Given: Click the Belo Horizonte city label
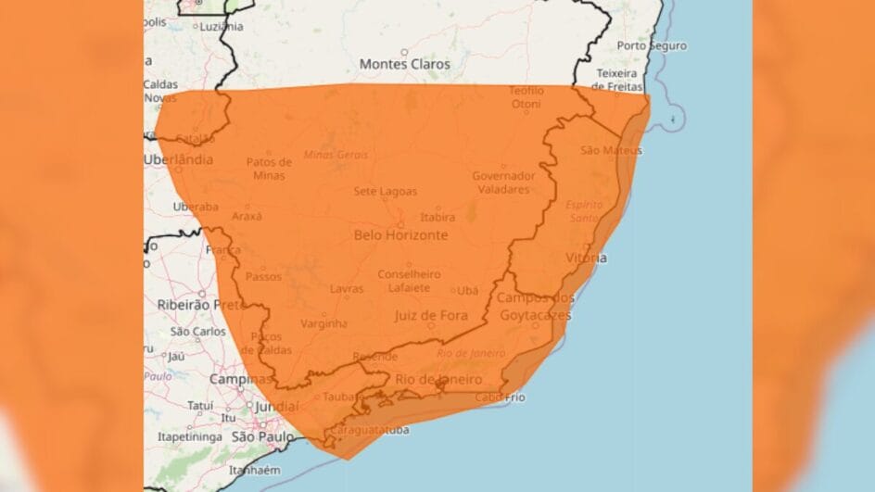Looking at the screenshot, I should coord(400,235).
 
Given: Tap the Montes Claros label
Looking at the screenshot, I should coord(404,65).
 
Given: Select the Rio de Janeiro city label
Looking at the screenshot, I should coord(438,380).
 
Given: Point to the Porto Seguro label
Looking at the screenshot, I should coord(652,45).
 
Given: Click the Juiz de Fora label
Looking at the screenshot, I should coord(430,316).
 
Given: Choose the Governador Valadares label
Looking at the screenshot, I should coord(503,183).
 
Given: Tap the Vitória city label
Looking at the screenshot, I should coord(586,258).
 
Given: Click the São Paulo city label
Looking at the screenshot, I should coord(262,436).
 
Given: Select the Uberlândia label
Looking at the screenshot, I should coord(178,159).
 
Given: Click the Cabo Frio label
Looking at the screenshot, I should coord(501,397).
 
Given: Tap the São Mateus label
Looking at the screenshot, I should coord(611,150).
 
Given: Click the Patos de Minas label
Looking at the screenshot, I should coord(269,169).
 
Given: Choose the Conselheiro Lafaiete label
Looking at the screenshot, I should coord(409,282).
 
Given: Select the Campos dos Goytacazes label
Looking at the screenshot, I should coord(535,306).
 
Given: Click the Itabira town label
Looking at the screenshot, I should coord(437,218).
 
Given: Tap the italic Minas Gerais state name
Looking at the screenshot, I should coord(336,154).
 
